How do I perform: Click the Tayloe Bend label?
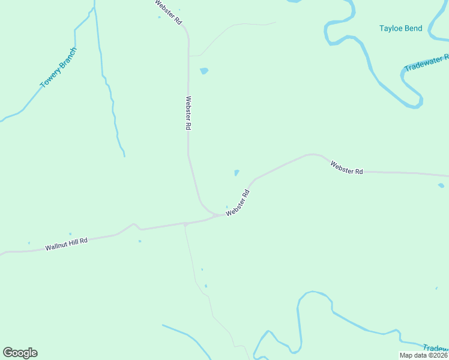click(400, 28)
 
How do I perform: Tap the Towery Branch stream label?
click(58, 68)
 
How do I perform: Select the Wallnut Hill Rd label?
click(66, 244)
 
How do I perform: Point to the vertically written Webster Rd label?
click(188, 113)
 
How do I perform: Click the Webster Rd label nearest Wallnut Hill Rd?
click(237, 203)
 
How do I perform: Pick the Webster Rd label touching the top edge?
click(168, 11)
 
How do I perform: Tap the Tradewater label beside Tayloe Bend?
click(426, 62)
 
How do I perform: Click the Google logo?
click(20, 353)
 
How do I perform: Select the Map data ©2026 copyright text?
click(424, 355)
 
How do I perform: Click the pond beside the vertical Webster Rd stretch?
click(204, 71)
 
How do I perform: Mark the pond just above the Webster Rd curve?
click(237, 173)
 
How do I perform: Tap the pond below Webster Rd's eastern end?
click(441, 185)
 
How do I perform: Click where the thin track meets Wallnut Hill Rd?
click(185, 224)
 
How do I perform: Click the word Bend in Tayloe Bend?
click(412, 28)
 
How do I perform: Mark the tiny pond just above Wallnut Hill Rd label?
click(70, 233)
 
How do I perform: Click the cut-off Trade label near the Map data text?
click(435, 348)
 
